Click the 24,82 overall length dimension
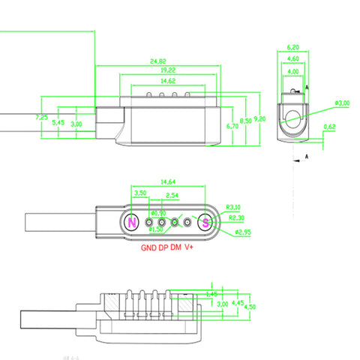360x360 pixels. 157,61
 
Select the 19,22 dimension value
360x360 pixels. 157,70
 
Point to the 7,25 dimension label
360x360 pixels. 42,118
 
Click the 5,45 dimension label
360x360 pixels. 57,122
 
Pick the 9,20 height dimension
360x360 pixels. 260,118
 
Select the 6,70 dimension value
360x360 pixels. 232,127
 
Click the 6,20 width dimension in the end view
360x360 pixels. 293,46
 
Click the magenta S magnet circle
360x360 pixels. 205,222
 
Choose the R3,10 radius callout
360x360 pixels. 233,208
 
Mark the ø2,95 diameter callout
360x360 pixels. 244,232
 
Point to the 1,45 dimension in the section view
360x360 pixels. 212,294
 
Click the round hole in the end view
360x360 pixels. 292,116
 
